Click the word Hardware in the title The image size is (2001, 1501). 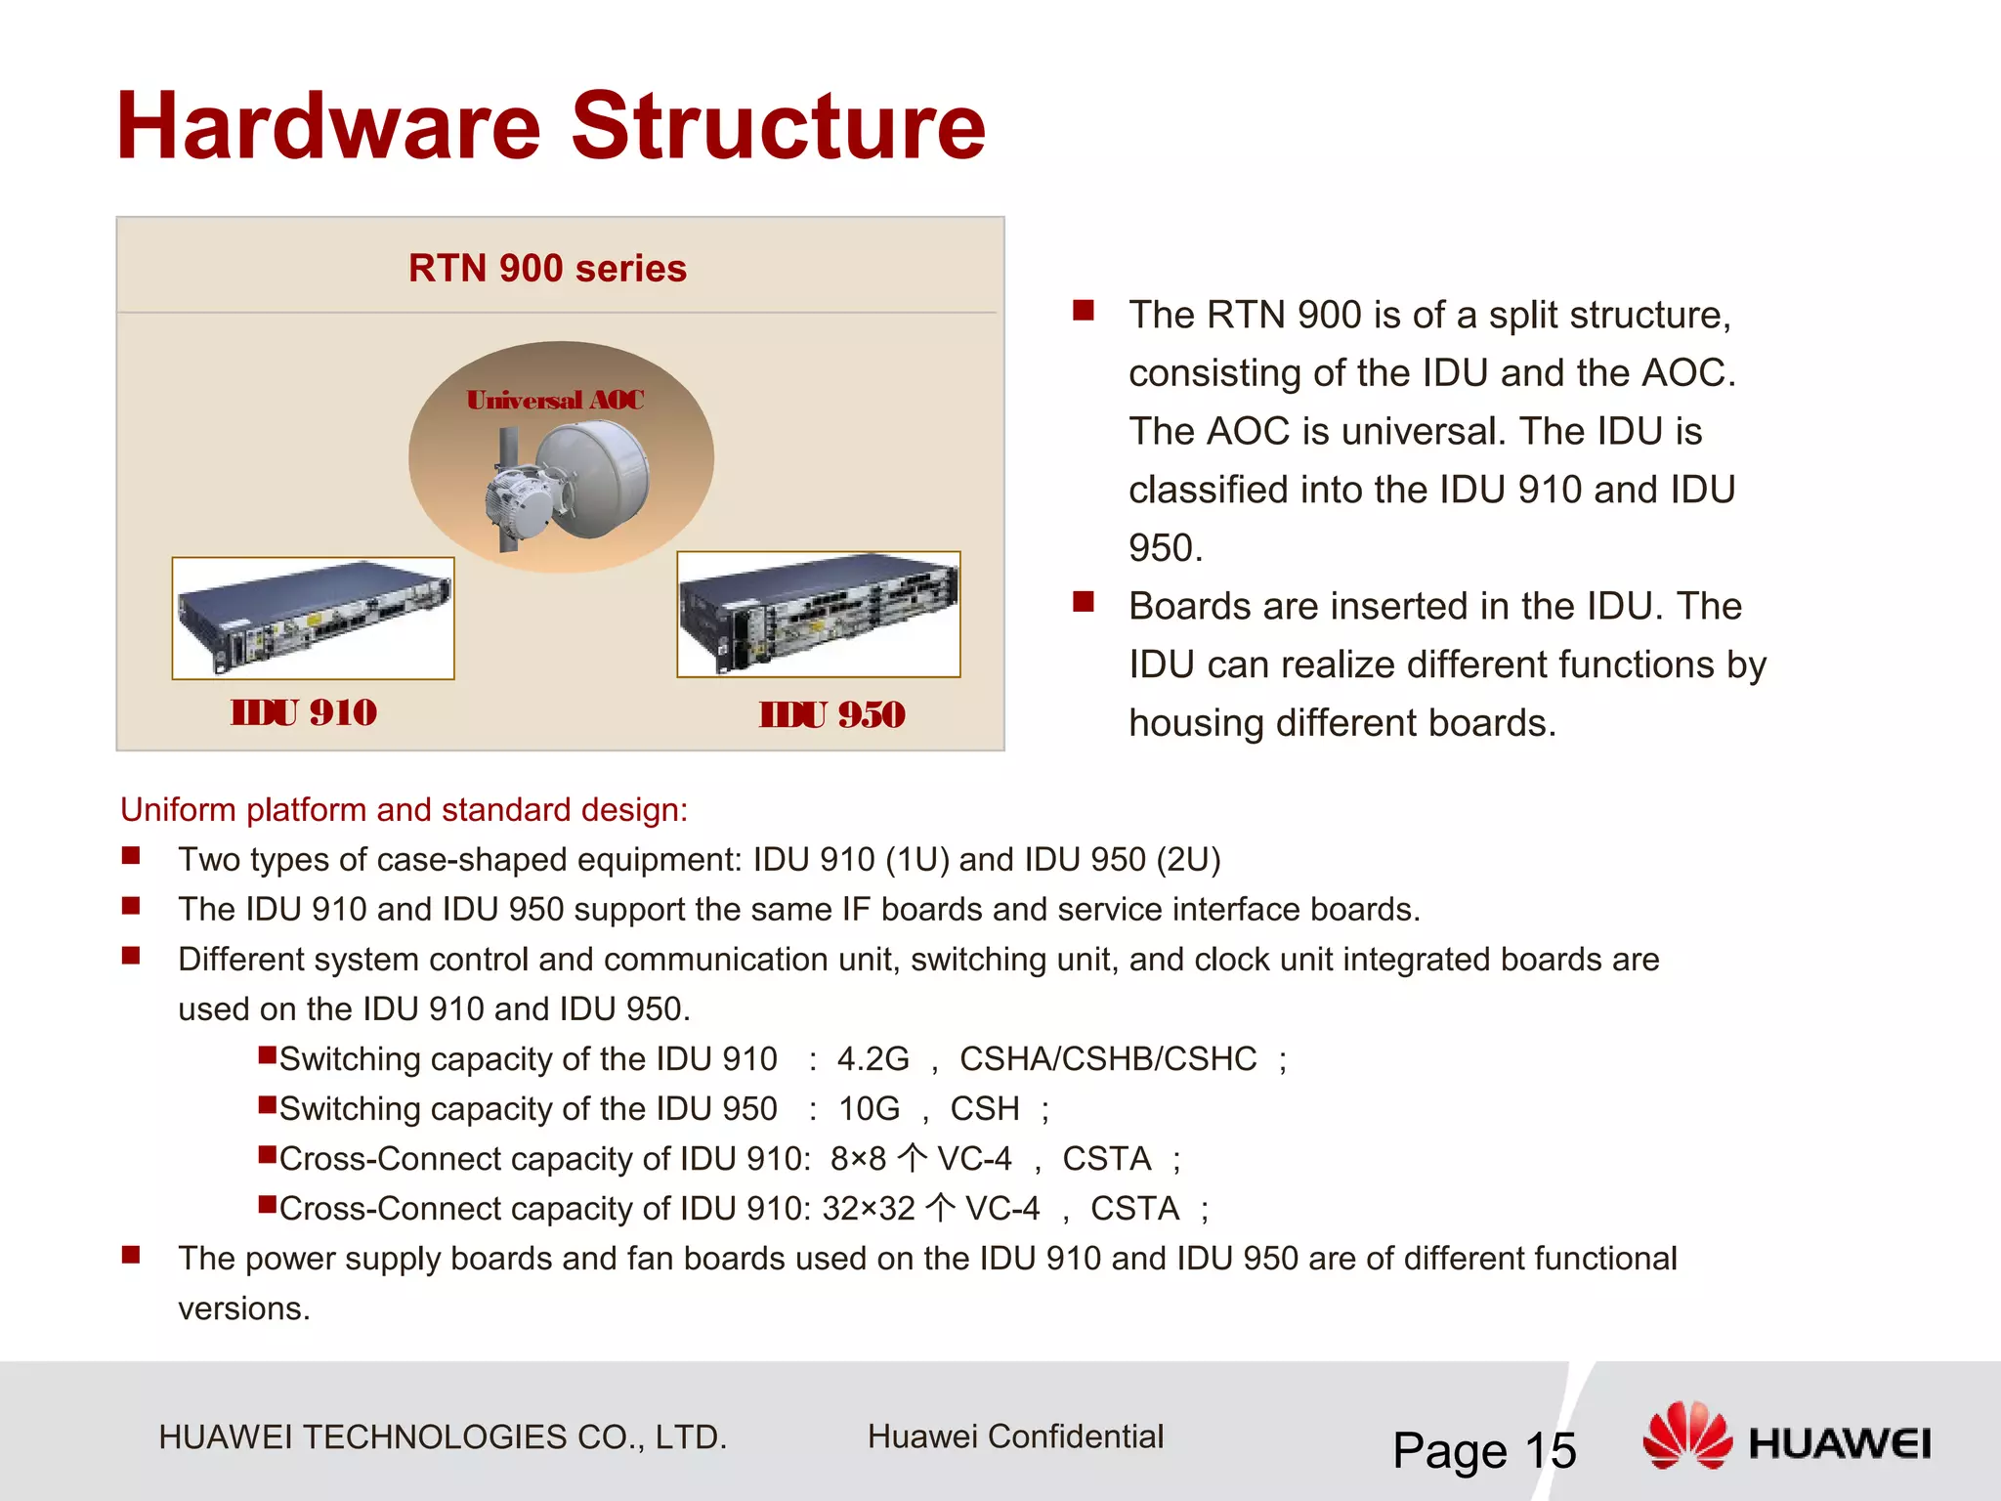pyautogui.click(x=328, y=127)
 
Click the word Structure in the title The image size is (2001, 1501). pyautogui.click(x=778, y=127)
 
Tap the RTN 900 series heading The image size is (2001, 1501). pyautogui.click(x=547, y=268)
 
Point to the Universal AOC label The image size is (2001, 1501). pyautogui.click(x=555, y=400)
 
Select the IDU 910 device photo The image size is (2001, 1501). pyautogui.click(x=313, y=618)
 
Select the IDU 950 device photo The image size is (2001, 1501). pyautogui.click(x=819, y=614)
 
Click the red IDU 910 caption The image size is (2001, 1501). pyautogui.click(x=304, y=712)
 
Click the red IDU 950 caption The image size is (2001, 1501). pyautogui.click(x=831, y=714)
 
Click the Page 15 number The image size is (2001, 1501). pyautogui.click(x=1483, y=1450)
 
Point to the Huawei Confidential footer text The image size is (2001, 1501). pyautogui.click(x=1015, y=1437)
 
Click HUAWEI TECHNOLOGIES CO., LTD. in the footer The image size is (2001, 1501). pyautogui.click(x=443, y=1437)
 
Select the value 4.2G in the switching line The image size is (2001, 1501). pyautogui.click(x=873, y=1058)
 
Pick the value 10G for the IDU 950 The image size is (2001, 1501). pyautogui.click(x=869, y=1108)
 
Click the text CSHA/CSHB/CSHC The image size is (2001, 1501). pyautogui.click(x=1108, y=1058)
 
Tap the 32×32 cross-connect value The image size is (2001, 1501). pyautogui.click(x=868, y=1209)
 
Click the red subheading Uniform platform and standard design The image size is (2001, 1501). pyautogui.click(x=404, y=809)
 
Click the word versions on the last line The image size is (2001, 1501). pyautogui.click(x=243, y=1308)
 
